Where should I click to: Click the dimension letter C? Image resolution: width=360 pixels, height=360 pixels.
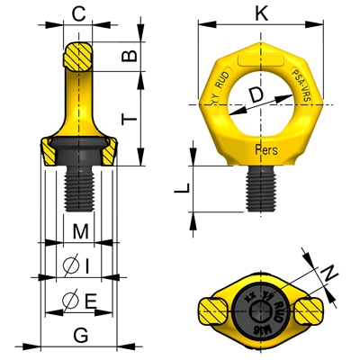coord(80,13)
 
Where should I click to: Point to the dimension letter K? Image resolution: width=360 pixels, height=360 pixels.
coord(261,13)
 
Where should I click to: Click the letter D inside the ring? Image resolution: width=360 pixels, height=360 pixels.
coord(256,94)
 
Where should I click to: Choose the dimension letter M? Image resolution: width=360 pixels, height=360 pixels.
coord(80,231)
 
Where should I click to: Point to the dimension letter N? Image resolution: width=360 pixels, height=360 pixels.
coord(330,271)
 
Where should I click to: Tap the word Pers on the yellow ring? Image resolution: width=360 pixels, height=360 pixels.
coord(266,149)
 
